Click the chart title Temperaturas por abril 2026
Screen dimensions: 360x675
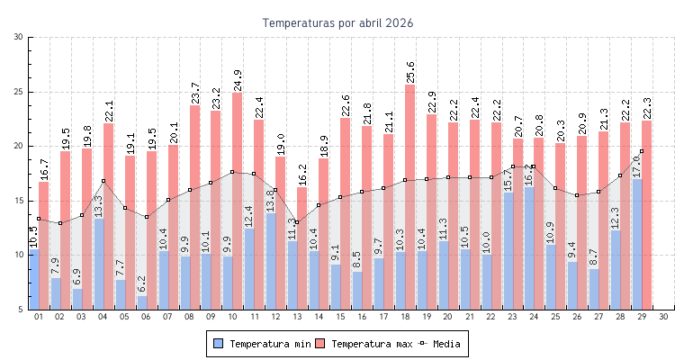pos(337,22)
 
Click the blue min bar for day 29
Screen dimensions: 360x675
pos(636,244)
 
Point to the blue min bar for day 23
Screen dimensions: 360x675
pos(508,251)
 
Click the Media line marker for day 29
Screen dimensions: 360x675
pos(642,151)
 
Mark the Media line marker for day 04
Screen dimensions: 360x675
pos(103,181)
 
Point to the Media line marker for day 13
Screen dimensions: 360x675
pos(297,222)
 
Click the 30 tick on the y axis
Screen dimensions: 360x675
pos(19,37)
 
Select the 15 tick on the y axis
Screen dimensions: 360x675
pos(19,201)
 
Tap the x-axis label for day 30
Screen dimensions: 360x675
pos(663,317)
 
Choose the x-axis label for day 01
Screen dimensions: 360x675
pos(39,317)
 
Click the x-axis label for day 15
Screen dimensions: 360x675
pos(340,317)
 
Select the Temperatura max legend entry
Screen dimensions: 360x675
pos(364,344)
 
